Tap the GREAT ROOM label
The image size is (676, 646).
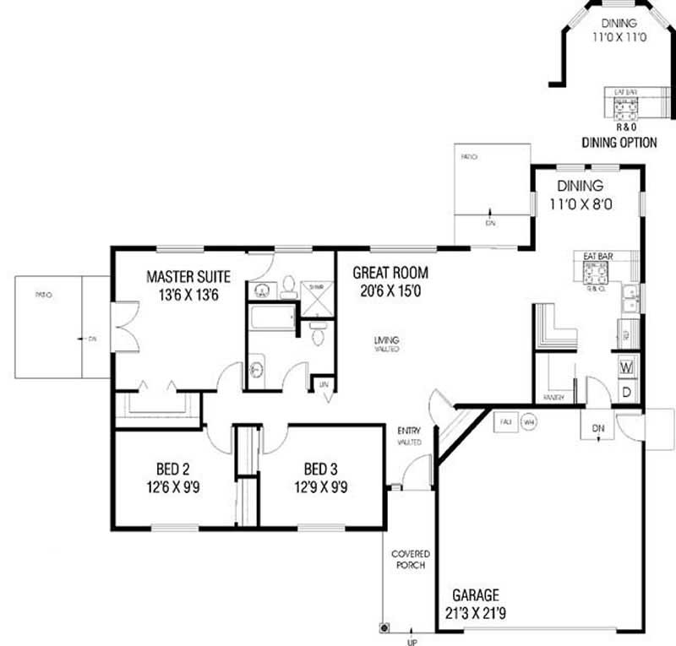point(390,273)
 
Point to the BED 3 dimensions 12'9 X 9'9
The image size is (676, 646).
point(323,486)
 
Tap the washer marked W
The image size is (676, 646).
point(627,368)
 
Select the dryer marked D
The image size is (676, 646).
point(627,393)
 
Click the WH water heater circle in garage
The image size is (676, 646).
point(528,421)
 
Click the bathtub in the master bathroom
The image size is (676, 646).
point(270,322)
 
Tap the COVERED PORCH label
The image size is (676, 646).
point(407,559)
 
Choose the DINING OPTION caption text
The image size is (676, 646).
point(619,143)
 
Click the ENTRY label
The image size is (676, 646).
point(409,430)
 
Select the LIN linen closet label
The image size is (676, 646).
point(322,384)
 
